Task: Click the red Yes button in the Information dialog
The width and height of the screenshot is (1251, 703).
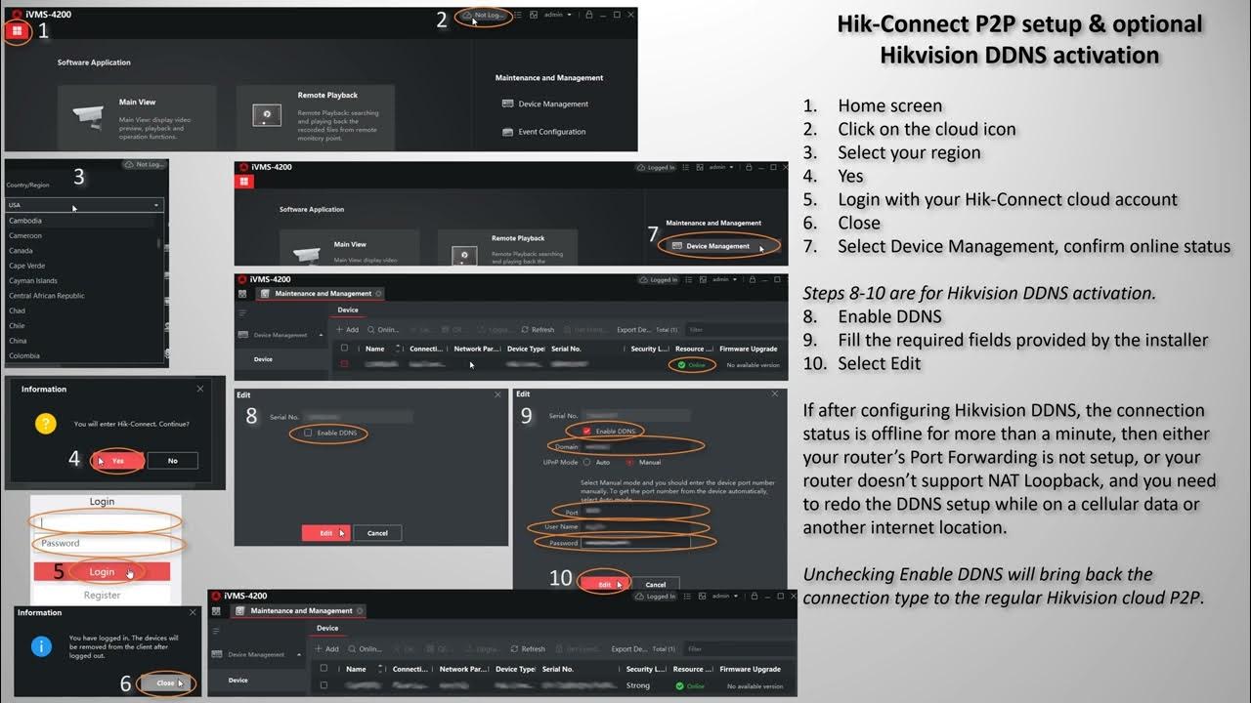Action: pos(117,461)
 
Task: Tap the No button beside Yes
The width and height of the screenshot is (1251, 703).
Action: pos(172,461)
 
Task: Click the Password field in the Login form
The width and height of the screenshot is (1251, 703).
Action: pos(106,543)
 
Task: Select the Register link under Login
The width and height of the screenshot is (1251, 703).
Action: pos(102,595)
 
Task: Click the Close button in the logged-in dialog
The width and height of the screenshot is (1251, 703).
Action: pos(165,683)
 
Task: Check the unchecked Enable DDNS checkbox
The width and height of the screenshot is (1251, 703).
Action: pos(308,433)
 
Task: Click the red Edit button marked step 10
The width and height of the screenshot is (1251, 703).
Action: pos(604,584)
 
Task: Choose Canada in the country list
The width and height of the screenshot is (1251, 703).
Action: pos(21,251)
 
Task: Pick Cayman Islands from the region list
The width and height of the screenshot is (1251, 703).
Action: pos(33,280)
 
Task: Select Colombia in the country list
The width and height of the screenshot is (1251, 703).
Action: pos(24,355)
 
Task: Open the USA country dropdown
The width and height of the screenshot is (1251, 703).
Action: pos(84,205)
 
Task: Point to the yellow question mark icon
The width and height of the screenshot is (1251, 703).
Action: pos(45,424)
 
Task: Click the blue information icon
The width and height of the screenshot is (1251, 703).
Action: pos(42,645)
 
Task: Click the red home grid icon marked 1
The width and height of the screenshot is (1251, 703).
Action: pos(17,31)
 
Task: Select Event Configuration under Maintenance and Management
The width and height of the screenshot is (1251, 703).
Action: pos(551,132)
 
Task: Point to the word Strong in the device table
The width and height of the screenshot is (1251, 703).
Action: pos(638,685)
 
